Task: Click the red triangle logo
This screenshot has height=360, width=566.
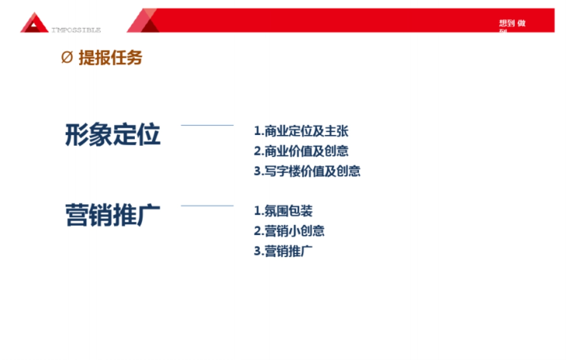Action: pyautogui.click(x=34, y=23)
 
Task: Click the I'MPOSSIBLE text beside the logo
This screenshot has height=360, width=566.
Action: pyautogui.click(x=76, y=30)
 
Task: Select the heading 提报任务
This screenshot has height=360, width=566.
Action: pyautogui.click(x=110, y=58)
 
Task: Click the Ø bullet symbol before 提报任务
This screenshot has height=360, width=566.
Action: pyautogui.click(x=67, y=58)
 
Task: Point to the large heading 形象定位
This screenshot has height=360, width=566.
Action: pyautogui.click(x=113, y=135)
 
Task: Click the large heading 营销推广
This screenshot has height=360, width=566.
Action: pyautogui.click(x=113, y=216)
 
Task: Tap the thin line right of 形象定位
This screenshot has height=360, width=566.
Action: pyautogui.click(x=207, y=126)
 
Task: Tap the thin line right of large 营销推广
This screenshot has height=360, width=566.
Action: pyautogui.click(x=207, y=206)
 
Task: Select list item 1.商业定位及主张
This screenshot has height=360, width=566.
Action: pyautogui.click(x=301, y=131)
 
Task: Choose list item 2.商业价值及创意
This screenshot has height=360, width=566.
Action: pyautogui.click(x=301, y=151)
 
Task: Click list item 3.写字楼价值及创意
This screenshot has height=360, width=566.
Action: pyautogui.click(x=307, y=171)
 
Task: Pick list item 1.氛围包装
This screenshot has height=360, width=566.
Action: pyautogui.click(x=283, y=211)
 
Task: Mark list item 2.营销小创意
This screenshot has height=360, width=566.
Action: pyautogui.click(x=289, y=231)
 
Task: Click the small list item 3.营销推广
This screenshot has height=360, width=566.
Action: pyautogui.click(x=283, y=251)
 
